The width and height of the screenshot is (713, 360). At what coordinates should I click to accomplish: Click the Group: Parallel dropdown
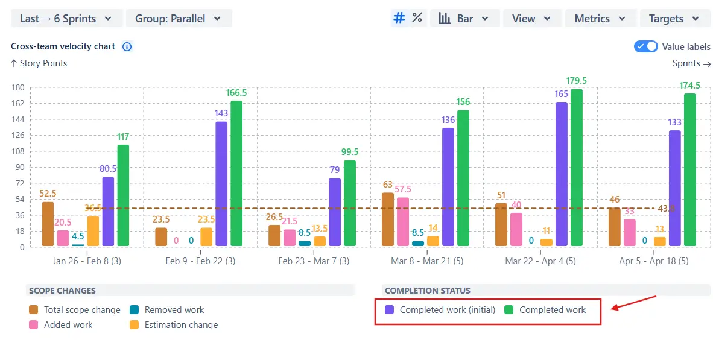[179, 19]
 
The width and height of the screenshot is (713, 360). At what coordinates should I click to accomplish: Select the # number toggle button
[399, 18]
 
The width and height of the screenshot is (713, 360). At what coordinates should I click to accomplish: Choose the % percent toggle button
[417, 18]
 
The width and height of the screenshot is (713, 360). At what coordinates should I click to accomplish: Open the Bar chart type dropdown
[464, 19]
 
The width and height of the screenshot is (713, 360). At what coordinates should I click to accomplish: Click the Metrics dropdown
[600, 19]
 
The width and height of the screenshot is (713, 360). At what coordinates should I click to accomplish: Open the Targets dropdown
[674, 19]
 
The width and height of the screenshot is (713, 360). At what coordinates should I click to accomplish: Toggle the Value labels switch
[645, 47]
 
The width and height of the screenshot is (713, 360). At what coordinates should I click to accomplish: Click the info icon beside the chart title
[127, 46]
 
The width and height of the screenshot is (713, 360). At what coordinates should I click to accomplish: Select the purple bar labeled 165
[562, 174]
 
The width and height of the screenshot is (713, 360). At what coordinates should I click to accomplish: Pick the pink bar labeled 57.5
[403, 221]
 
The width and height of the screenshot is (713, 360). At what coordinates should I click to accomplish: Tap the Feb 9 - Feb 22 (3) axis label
[200, 262]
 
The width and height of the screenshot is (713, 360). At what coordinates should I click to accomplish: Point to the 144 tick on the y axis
[17, 119]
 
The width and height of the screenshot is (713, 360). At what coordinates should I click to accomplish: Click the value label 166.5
[236, 93]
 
